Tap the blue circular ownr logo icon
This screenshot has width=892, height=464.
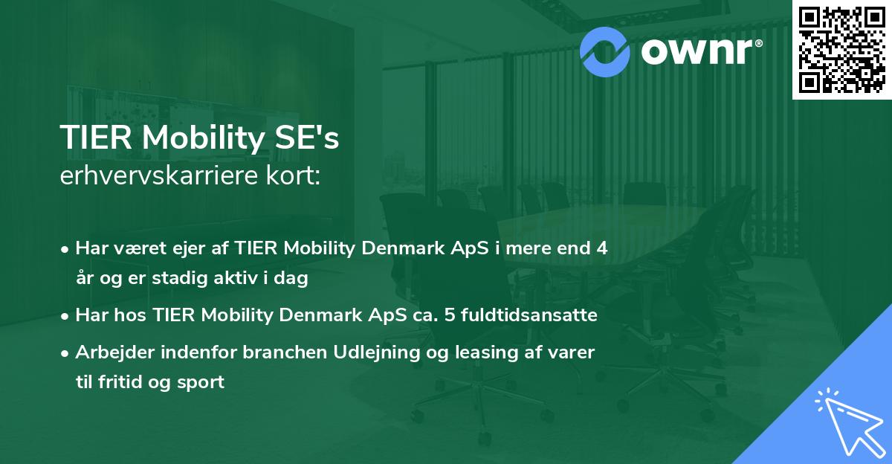(x=605, y=51)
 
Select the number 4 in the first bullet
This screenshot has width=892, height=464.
(x=601, y=248)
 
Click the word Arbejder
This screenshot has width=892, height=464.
(x=110, y=352)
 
